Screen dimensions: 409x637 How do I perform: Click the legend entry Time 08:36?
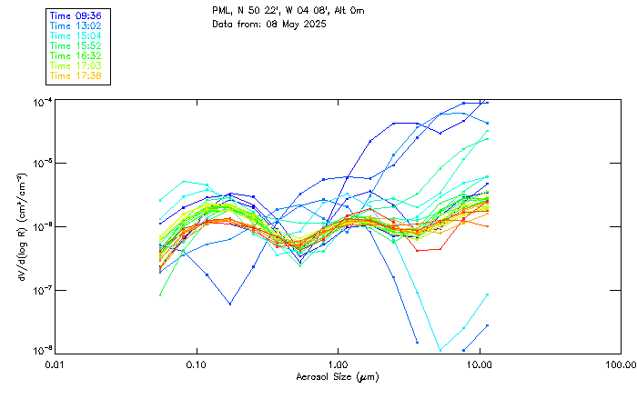click(x=76, y=15)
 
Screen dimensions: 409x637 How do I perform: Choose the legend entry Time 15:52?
click(x=76, y=45)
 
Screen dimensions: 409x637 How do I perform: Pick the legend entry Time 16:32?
click(x=76, y=55)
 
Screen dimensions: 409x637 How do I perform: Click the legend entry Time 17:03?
click(x=76, y=65)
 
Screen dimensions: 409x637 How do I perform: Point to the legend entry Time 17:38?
click(x=76, y=75)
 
